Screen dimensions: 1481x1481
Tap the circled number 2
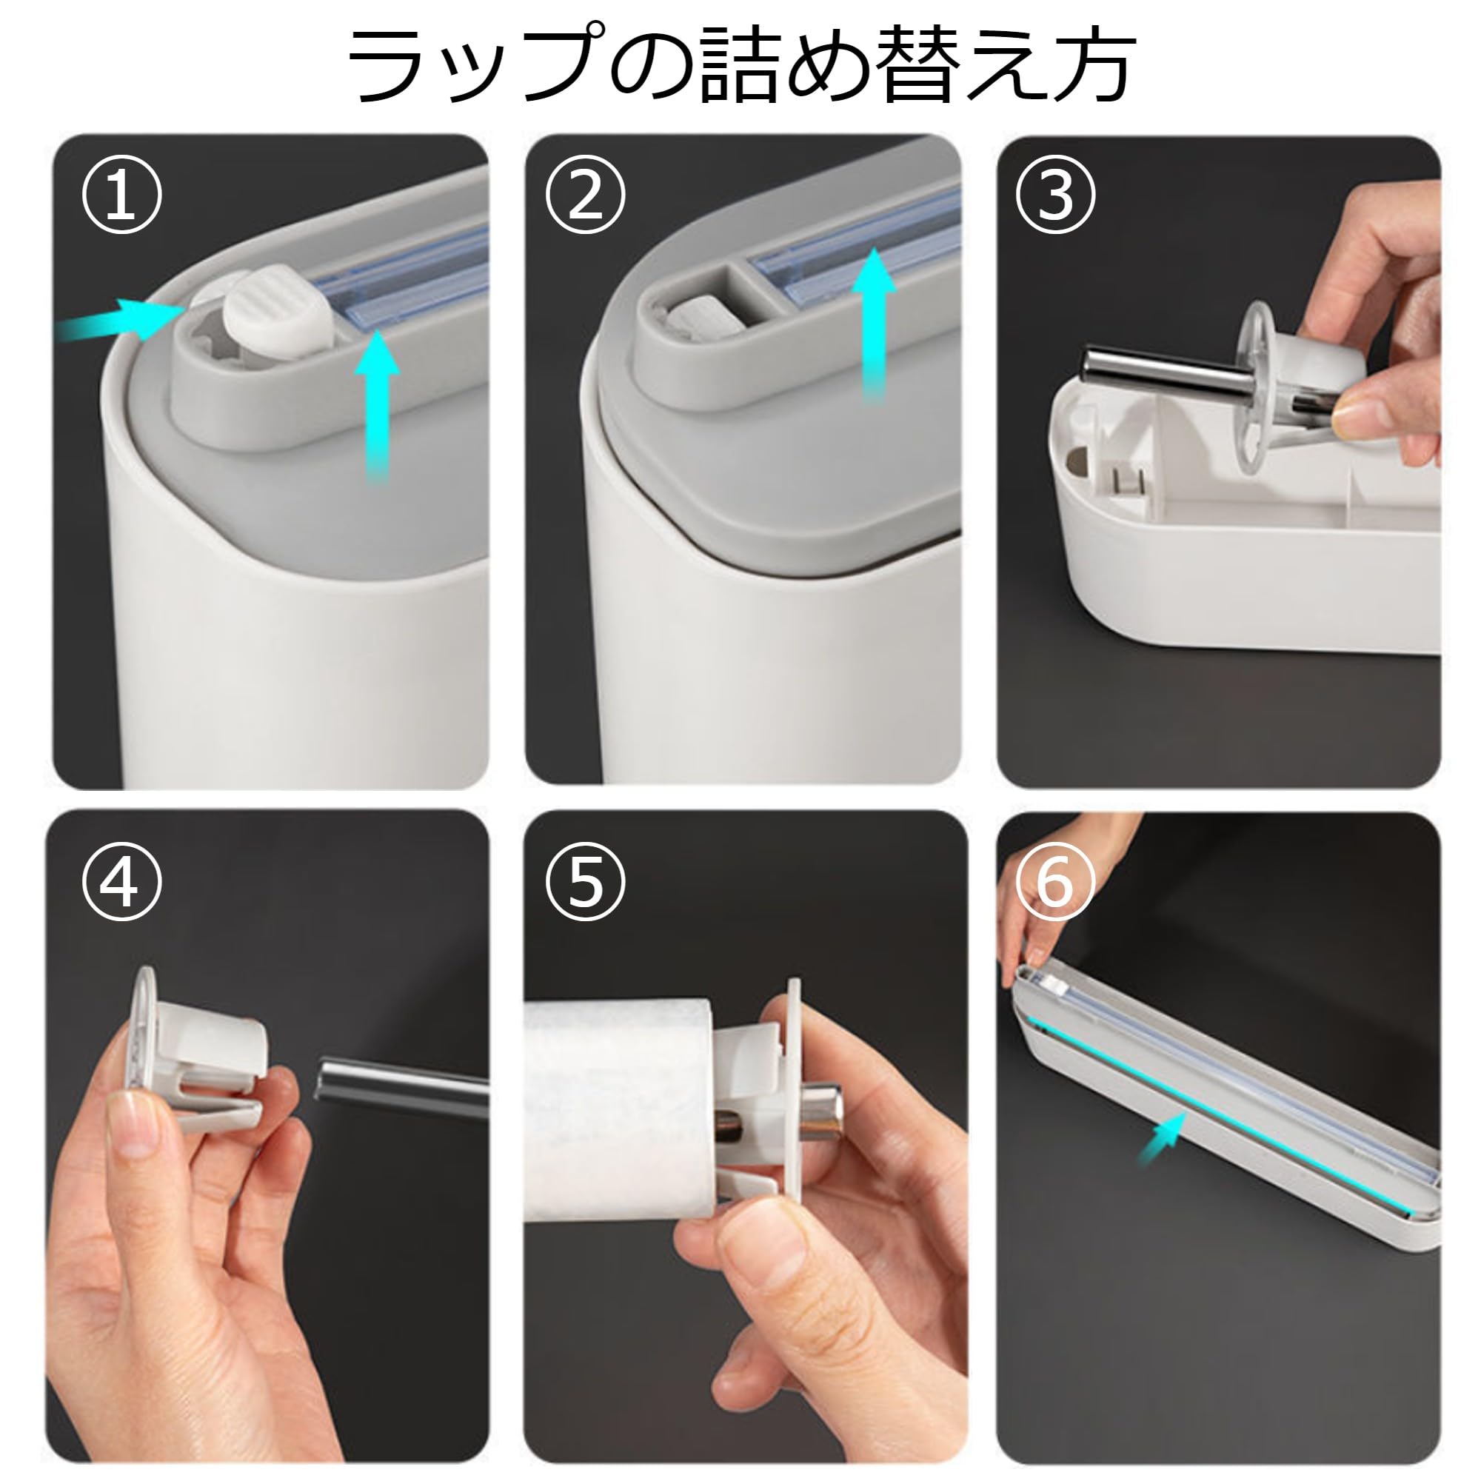click(x=586, y=195)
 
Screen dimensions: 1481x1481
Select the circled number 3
click(x=1054, y=195)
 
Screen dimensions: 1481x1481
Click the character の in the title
click(x=652, y=65)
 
